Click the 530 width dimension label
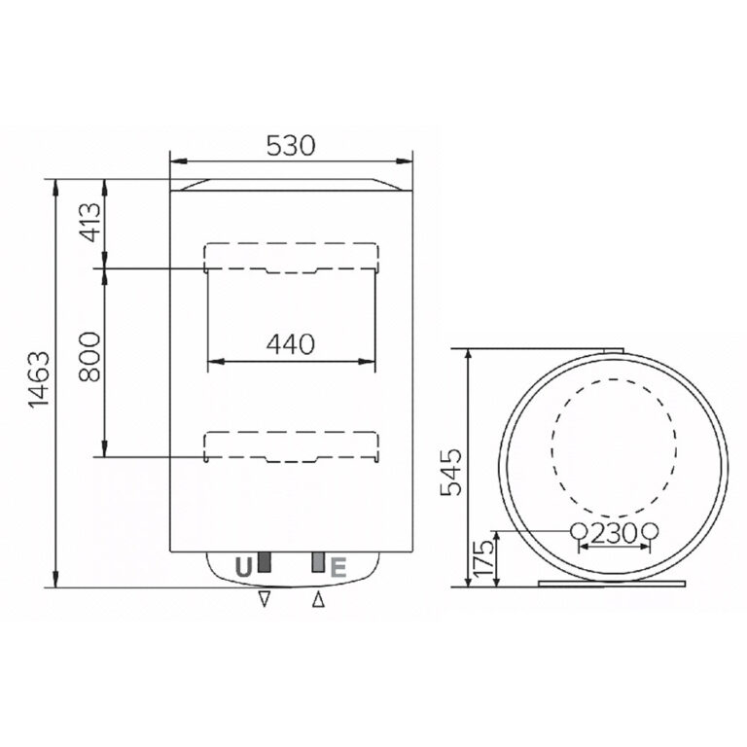coord(292,146)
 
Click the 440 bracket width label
coord(291,343)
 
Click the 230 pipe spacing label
coord(614,532)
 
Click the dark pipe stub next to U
coord(262,563)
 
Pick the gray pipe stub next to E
coord(318,563)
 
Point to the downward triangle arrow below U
coord(263,601)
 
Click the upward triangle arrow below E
coord(318,601)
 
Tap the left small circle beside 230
coord(578,531)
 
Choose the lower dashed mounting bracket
coord(290,445)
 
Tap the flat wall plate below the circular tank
coord(613,586)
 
